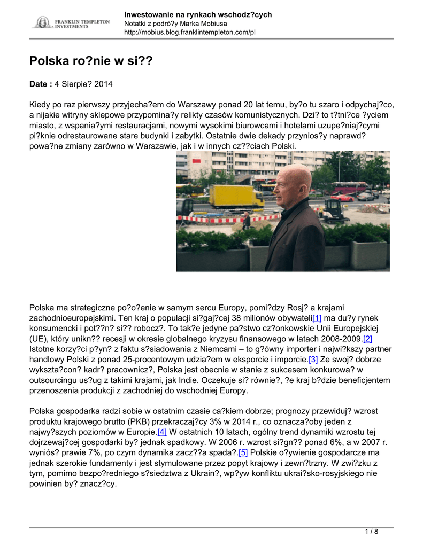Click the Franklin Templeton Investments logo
point(71,22)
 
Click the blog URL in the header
point(190,33)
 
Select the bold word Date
point(39,84)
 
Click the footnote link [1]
point(317,318)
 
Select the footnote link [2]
point(367,339)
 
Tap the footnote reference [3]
point(313,360)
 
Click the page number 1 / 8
point(371,532)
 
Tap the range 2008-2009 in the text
point(336,339)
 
